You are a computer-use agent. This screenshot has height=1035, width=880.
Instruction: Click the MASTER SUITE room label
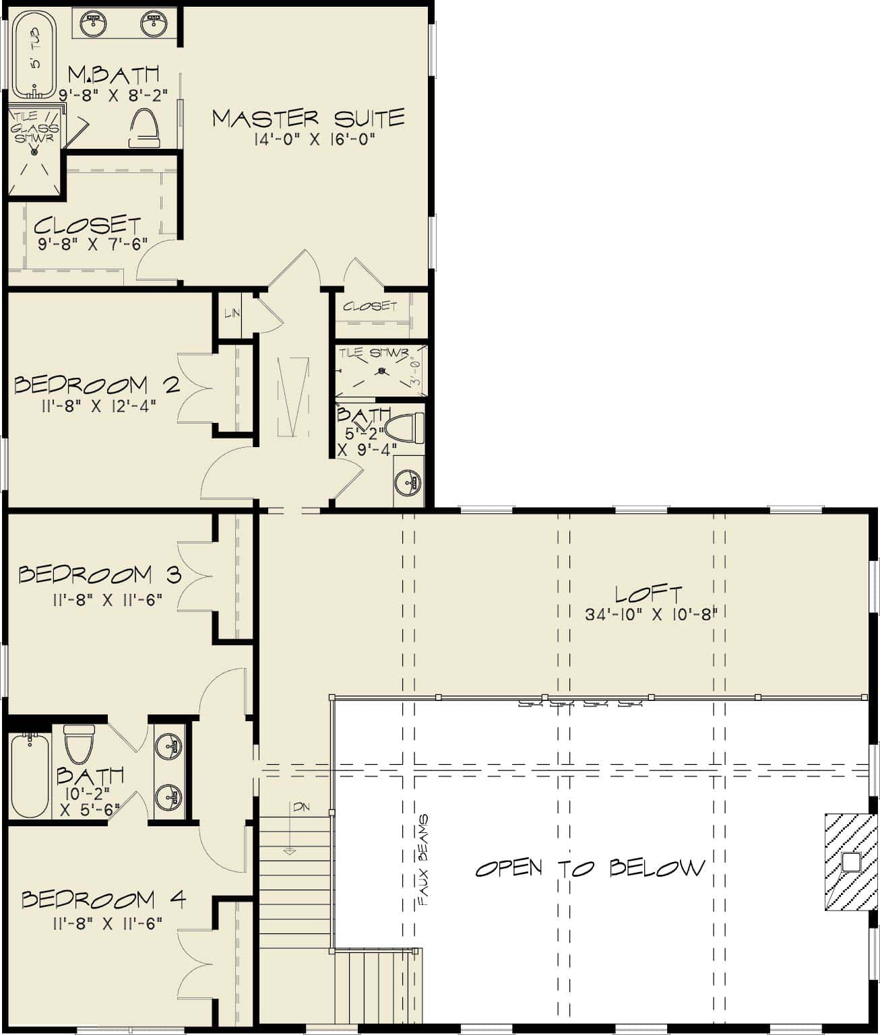[x=309, y=119]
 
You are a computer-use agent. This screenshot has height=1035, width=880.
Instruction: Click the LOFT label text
[x=649, y=594]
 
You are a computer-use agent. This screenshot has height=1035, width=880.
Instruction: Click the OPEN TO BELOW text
[x=590, y=867]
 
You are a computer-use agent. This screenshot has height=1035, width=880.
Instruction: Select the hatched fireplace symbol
[x=850, y=862]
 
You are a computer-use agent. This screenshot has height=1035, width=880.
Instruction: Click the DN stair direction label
[x=301, y=807]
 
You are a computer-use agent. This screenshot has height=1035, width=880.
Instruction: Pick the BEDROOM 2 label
[x=97, y=385]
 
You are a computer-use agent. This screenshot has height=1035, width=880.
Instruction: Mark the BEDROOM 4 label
[x=103, y=900]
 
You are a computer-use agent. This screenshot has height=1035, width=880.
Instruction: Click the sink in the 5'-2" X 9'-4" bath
[x=408, y=481]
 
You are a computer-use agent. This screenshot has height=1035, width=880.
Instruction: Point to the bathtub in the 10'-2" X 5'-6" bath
[x=30, y=776]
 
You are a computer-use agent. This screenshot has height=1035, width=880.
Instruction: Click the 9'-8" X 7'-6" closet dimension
[x=92, y=244]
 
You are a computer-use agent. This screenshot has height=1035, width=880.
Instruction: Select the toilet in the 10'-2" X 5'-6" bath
[x=77, y=743]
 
